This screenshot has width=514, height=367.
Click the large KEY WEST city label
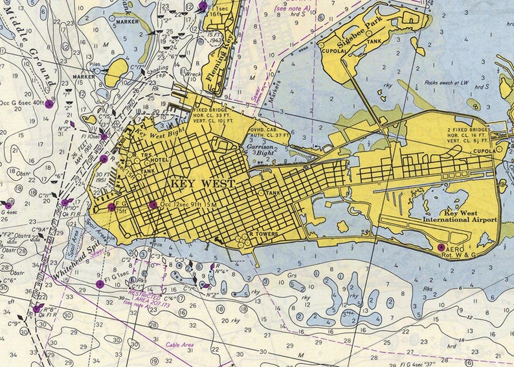(203, 184)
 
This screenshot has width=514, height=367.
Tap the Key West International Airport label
(460, 217)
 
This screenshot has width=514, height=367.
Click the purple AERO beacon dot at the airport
(441, 247)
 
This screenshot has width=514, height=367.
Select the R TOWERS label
(263, 233)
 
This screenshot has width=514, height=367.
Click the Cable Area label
(183, 346)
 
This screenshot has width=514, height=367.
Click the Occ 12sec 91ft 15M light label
(188, 206)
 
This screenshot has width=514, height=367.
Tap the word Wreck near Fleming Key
(193, 74)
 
